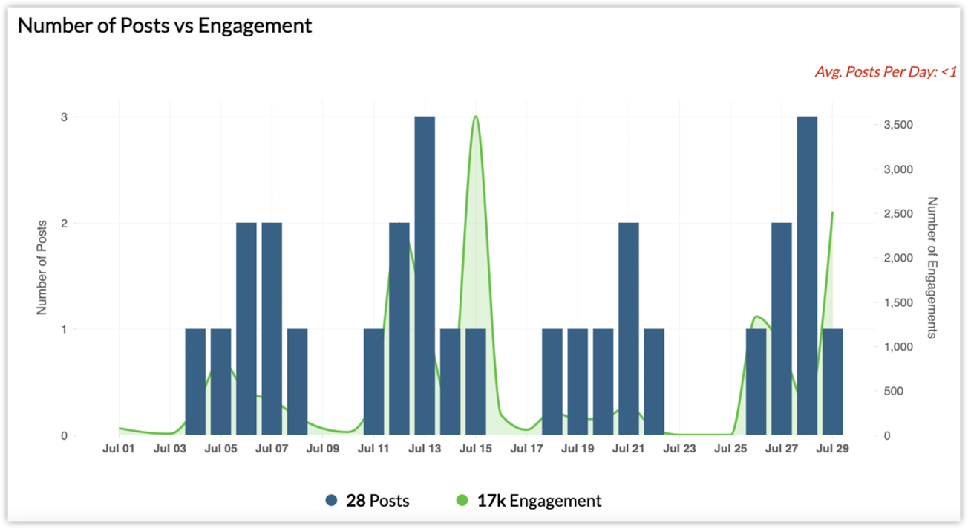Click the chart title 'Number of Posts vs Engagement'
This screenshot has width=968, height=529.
(x=165, y=25)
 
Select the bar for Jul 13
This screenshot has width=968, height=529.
(x=425, y=275)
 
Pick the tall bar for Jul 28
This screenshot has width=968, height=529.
(x=807, y=275)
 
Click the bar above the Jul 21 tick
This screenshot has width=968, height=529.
(x=629, y=328)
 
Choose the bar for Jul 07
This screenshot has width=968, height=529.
(x=272, y=328)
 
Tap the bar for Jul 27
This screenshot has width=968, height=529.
(x=782, y=328)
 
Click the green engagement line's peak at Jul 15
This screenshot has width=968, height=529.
(x=475, y=117)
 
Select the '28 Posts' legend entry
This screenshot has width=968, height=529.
(x=367, y=501)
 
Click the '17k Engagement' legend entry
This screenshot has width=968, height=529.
(x=528, y=501)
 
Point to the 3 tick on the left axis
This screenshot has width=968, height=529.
(x=65, y=117)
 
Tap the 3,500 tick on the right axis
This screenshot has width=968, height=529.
(x=899, y=125)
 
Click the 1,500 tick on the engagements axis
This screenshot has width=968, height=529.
(x=899, y=302)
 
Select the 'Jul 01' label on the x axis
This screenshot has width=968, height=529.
(x=119, y=449)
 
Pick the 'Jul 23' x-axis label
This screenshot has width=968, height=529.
(x=679, y=449)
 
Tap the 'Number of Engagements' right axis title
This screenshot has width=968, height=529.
(x=932, y=267)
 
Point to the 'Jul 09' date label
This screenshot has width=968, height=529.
(x=322, y=449)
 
